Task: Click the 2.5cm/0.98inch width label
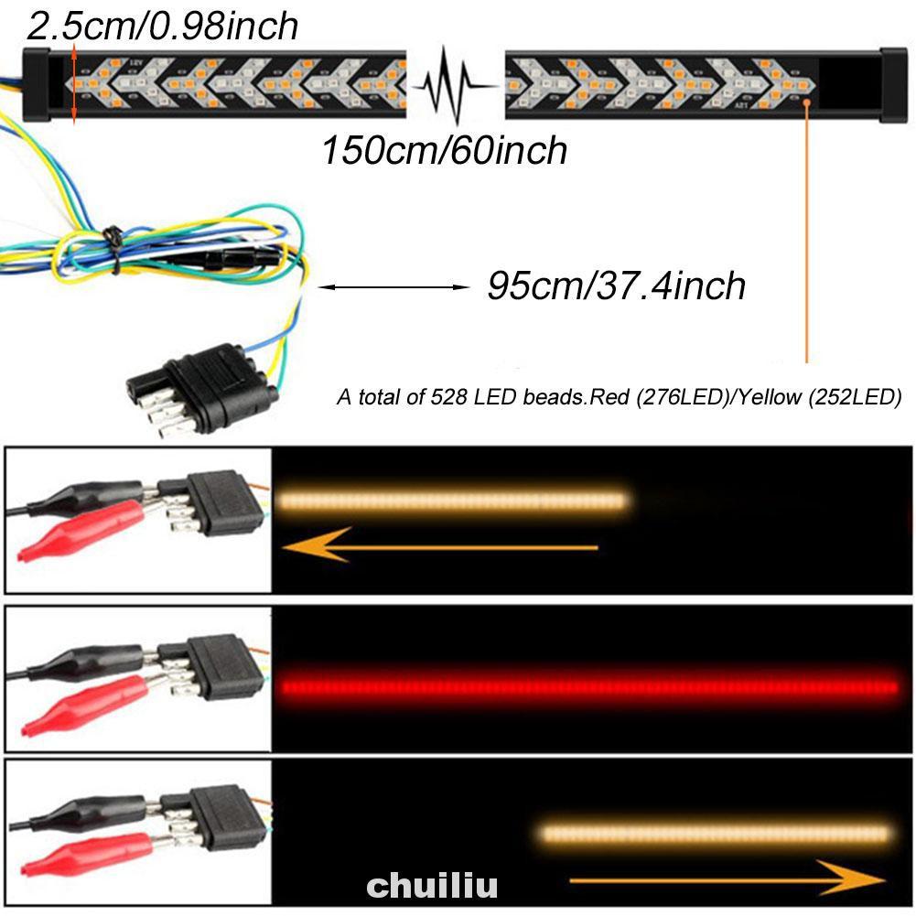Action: pos(163,25)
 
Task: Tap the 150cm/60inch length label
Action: pos(444,150)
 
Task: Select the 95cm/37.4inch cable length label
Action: pos(616,286)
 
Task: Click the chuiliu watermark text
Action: pos(433,885)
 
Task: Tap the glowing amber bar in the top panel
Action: pos(452,500)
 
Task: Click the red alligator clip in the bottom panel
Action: pos(87,856)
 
